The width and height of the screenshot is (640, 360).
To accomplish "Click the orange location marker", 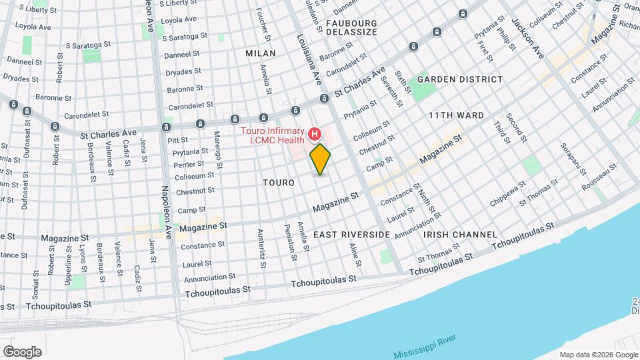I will click(321, 159).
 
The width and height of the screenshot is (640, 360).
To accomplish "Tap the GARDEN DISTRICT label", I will click(460, 79).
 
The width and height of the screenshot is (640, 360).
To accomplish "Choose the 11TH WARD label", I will click(456, 115).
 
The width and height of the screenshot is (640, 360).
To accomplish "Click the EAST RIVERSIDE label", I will click(351, 235).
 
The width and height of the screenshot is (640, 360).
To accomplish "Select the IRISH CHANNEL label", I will click(460, 235).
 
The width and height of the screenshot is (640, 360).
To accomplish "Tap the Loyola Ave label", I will click(179, 20).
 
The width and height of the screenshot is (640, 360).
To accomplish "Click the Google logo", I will click(22, 352).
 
